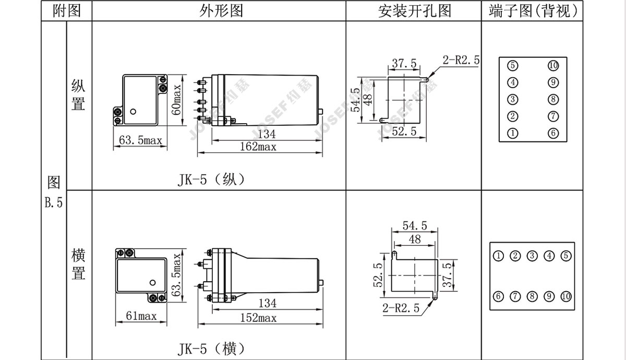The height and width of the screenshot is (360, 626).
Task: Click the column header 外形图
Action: pos(221,11)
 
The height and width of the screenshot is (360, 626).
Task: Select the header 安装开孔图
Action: pos(415,11)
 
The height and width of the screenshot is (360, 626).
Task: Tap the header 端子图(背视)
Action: pos(533,11)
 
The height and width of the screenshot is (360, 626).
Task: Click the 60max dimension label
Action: pos(176,100)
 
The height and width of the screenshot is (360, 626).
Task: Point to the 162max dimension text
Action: pos(258,147)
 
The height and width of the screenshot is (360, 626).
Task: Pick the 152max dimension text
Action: pos(259,318)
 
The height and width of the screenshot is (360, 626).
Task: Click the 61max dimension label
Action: pos(141,316)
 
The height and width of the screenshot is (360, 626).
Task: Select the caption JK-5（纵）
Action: pos(211,179)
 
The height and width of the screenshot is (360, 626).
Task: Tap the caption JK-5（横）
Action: pos(211,349)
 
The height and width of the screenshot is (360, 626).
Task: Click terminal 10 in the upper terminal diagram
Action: pos(553,66)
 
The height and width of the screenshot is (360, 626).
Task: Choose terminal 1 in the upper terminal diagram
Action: pos(512,133)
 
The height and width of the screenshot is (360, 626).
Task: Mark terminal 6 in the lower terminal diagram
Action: pos(498,296)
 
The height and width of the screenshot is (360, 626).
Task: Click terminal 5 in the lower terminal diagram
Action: pos(566,256)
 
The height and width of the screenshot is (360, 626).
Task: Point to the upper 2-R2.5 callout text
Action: pos(461,60)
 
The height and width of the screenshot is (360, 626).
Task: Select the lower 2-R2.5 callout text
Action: pos(401,308)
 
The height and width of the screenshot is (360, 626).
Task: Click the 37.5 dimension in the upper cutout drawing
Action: pos(404,63)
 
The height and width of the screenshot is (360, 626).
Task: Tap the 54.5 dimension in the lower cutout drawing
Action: pos(415,225)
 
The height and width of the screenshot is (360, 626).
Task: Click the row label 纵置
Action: pos(78,95)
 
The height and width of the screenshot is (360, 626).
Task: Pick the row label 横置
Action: pos(78,264)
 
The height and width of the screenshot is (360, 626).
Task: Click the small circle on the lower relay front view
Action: pos(152,283)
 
